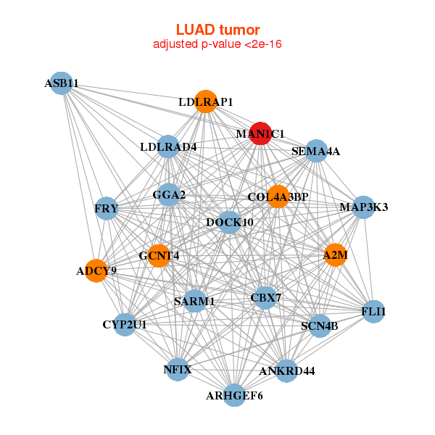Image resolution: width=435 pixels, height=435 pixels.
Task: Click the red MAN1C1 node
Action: click(x=260, y=133)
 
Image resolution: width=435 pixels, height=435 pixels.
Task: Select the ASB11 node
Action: click(x=62, y=83)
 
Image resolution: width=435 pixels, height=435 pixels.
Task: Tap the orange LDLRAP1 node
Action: click(x=206, y=101)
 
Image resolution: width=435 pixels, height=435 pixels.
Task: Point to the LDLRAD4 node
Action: click(x=168, y=147)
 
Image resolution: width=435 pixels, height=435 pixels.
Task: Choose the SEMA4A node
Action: click(x=316, y=152)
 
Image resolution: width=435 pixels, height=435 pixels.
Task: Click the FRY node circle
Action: click(x=107, y=209)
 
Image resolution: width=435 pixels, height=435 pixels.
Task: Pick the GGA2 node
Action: click(x=169, y=194)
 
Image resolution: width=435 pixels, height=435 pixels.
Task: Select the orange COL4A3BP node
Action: click(x=278, y=196)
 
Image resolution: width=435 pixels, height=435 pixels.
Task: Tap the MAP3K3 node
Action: click(x=363, y=207)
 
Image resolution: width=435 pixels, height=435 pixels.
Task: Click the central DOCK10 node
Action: click(x=230, y=221)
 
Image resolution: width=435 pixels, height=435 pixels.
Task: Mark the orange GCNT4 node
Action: click(x=159, y=255)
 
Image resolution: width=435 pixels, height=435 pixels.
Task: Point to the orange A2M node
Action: click(x=335, y=254)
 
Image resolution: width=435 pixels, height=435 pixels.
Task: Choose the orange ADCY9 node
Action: click(x=96, y=271)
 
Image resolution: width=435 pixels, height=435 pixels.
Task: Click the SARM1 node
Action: click(x=194, y=300)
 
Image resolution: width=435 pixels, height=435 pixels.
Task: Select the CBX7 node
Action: click(x=265, y=297)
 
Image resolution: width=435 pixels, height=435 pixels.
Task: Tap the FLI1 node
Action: click(x=373, y=312)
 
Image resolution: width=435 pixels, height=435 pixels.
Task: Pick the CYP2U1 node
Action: click(x=125, y=324)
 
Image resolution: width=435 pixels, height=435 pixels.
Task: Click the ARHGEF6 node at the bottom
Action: click(x=234, y=395)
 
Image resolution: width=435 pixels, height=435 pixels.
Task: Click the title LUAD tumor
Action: click(x=217, y=30)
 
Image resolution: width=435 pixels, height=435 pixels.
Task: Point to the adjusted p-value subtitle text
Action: click(x=217, y=44)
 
